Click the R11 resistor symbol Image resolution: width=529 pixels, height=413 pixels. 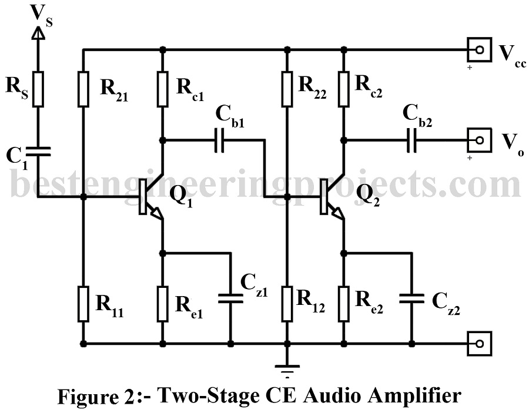tap(83, 303)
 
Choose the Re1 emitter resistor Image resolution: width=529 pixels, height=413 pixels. tap(162, 303)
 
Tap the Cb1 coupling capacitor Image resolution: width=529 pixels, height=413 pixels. tap(220, 140)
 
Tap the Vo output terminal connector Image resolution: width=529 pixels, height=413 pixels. tap(480, 140)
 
